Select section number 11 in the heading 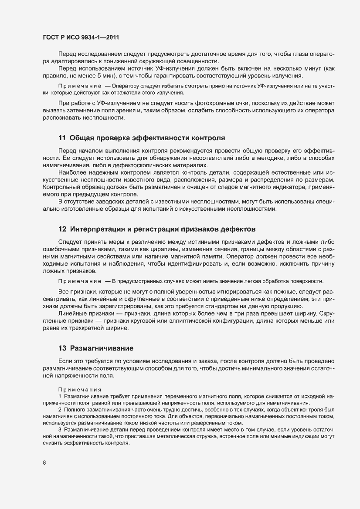point(62,138)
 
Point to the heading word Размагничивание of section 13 point(101,348)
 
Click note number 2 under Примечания point(60,410)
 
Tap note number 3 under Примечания point(60,430)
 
